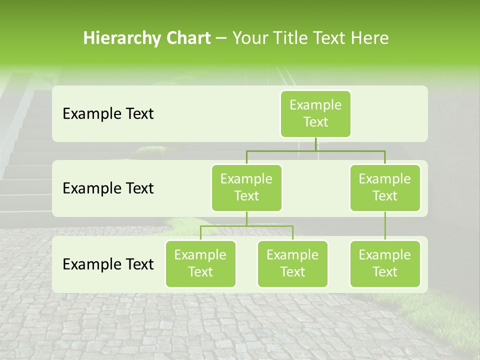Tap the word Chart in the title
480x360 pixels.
186,38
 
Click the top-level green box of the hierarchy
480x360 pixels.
315,113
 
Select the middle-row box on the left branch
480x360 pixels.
246,187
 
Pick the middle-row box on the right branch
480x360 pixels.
385,187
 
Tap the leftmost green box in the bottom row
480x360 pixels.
200,263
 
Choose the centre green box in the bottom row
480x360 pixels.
292,263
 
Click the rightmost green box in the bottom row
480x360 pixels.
385,263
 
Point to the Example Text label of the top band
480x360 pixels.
108,114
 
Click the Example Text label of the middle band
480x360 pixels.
108,188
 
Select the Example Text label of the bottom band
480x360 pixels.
108,264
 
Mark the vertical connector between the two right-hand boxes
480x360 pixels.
385,226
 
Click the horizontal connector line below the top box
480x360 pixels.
315,150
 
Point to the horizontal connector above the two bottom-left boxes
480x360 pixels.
246,226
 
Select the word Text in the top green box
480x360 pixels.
315,122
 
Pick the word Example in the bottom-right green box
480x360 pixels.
385,255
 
